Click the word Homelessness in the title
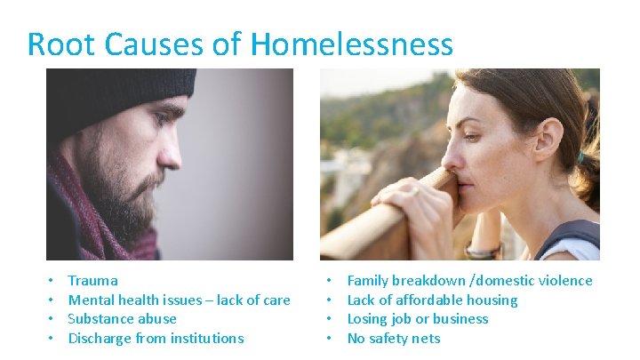pos(352,44)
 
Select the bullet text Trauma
pos(92,281)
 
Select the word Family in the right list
pos(368,281)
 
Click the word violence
pos(564,281)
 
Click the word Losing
pos(367,319)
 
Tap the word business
pos(459,319)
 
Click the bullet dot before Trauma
pos(52,281)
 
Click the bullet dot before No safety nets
pos(331,339)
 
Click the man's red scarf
pos(84,213)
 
